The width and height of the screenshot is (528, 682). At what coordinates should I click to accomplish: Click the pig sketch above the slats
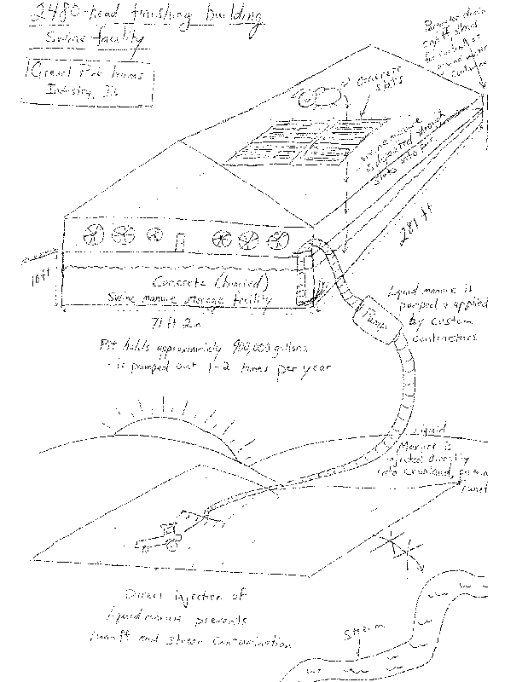coord(318,96)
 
